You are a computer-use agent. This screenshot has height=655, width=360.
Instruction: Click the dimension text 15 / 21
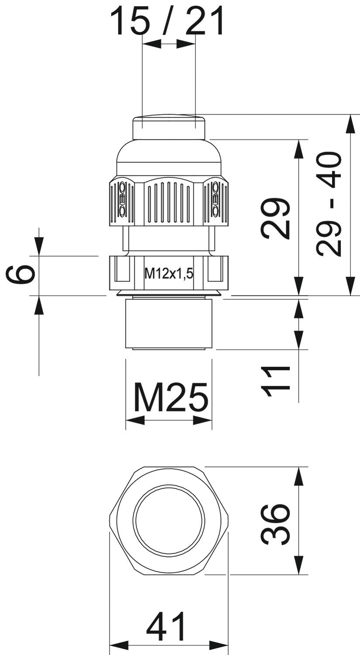point(168,21)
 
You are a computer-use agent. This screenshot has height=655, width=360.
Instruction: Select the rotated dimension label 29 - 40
point(329,203)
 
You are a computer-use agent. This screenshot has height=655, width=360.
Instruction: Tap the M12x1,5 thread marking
point(169,274)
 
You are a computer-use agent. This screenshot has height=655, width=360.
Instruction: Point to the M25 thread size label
point(171,397)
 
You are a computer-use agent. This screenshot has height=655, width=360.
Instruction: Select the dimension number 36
point(275,524)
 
